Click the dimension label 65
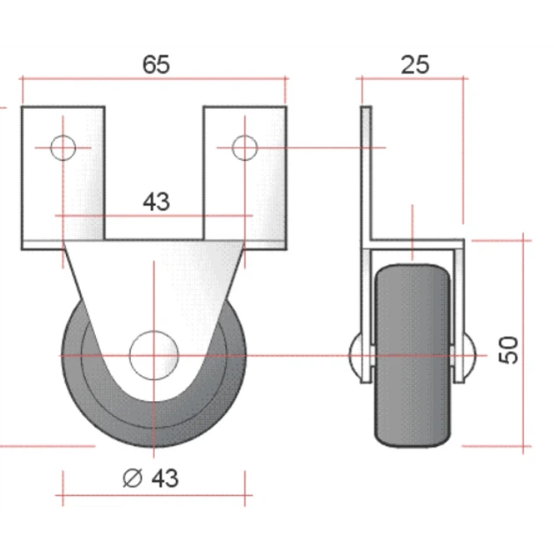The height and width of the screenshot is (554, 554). pyautogui.click(x=156, y=64)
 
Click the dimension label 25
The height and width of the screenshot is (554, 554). pyautogui.click(x=415, y=65)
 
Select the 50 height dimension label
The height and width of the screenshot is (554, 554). pyautogui.click(x=508, y=350)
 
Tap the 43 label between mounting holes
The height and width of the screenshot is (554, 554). pyautogui.click(x=157, y=201)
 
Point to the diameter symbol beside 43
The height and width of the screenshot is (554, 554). pyautogui.click(x=133, y=478)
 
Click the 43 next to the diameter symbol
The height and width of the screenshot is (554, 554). pyautogui.click(x=165, y=478)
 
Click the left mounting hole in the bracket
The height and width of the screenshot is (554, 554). pyautogui.click(x=63, y=148)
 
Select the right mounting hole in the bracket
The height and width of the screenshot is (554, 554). pyautogui.click(x=244, y=148)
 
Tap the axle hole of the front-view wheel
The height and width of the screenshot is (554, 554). pyautogui.click(x=154, y=355)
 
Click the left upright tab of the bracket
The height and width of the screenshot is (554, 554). pyautogui.click(x=63, y=173)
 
